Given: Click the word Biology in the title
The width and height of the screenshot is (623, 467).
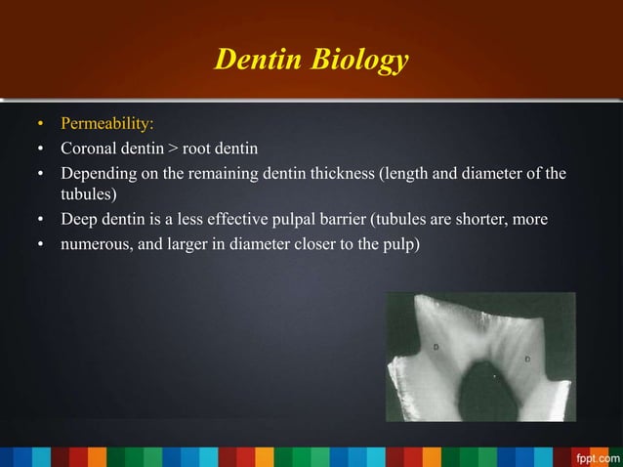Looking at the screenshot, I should [x=358, y=63].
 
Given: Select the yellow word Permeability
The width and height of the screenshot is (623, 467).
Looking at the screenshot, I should [x=106, y=125].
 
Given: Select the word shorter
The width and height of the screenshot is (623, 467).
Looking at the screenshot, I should [x=481, y=218].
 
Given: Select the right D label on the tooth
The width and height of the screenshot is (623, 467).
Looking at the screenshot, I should [x=527, y=359].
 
